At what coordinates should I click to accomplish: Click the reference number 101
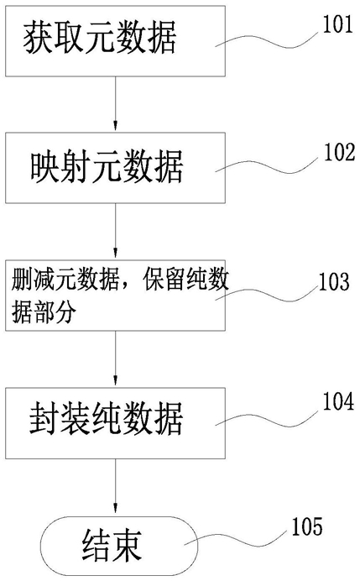point(338,24)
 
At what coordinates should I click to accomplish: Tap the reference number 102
point(339,152)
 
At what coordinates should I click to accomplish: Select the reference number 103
point(334,281)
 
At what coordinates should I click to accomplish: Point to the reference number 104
point(338,401)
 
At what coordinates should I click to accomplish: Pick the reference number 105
point(307,526)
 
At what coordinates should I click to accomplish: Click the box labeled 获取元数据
point(115,41)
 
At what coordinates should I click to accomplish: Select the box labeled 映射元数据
point(115,167)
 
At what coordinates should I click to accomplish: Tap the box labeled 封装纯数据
point(115,423)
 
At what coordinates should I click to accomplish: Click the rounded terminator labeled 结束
point(115,547)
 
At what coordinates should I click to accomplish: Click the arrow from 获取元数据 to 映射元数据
point(116,104)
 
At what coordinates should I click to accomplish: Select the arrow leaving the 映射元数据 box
point(116,231)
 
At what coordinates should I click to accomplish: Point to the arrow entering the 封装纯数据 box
point(116,359)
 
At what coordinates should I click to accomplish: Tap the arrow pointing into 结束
point(116,487)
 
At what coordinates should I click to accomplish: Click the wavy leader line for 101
point(267,41)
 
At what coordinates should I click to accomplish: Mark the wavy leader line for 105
point(237,539)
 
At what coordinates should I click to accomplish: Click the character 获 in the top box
point(38,39)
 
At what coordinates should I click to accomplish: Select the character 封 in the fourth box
point(44,419)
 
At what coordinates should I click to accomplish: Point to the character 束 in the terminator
point(128,547)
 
